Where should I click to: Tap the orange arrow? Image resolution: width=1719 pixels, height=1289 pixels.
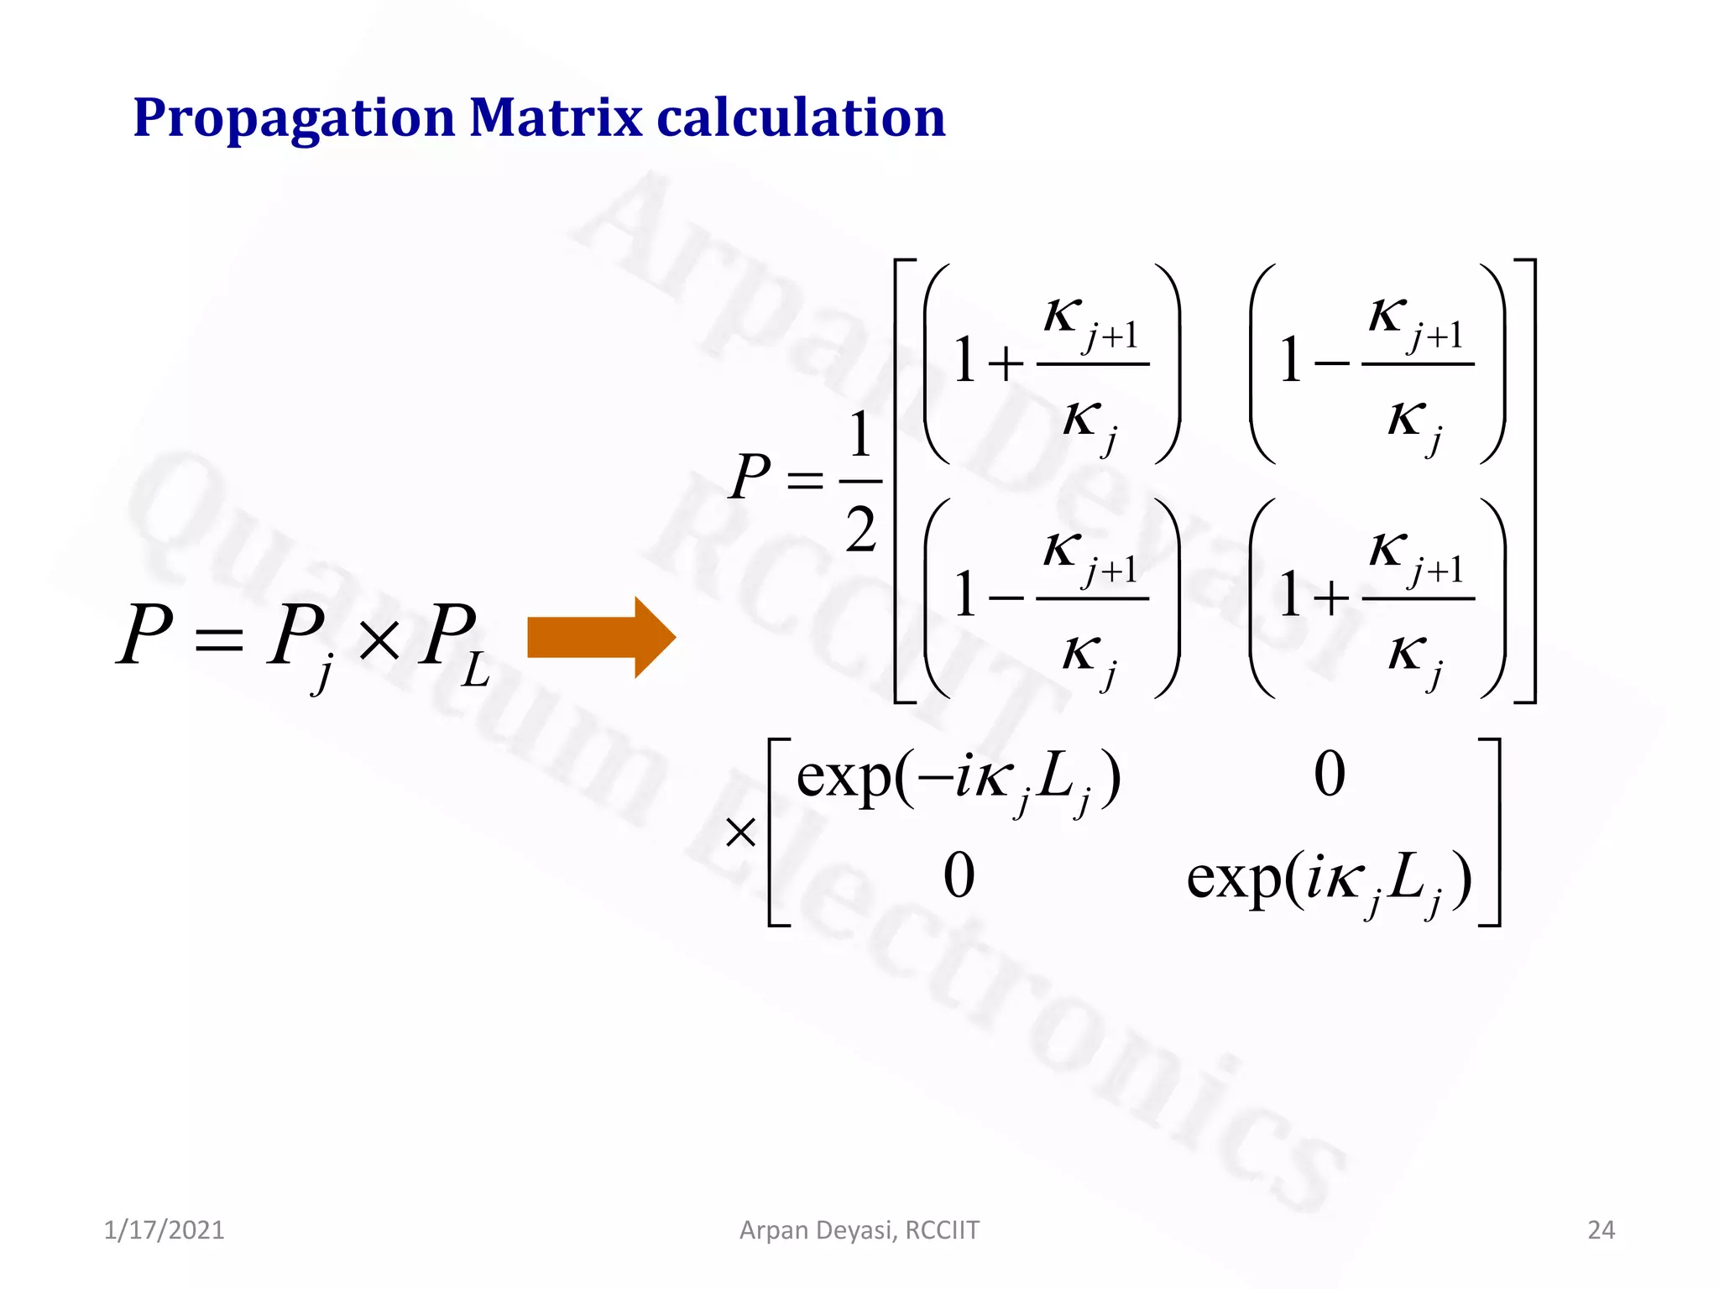[601, 638]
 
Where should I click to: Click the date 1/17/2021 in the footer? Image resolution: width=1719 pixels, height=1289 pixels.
[164, 1230]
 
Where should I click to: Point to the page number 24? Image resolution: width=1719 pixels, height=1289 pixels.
[1601, 1230]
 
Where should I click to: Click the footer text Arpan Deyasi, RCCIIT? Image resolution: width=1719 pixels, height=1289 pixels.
[859, 1230]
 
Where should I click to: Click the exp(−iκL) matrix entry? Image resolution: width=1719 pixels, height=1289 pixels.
[958, 778]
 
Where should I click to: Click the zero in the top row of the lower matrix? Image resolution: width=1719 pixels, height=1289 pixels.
[1330, 774]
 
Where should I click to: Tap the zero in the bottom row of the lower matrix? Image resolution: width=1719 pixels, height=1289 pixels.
[959, 876]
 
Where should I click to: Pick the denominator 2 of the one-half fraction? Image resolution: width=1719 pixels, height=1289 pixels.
[861, 530]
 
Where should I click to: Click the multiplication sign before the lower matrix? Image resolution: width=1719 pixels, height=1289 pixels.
[740, 833]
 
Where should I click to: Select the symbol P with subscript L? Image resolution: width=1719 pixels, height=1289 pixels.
[453, 642]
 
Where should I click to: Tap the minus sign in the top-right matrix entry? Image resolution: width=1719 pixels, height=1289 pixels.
[1331, 364]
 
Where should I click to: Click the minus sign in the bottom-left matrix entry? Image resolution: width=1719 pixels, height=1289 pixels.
[1006, 598]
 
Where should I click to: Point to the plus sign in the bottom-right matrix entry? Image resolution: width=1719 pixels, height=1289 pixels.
[1331, 598]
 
